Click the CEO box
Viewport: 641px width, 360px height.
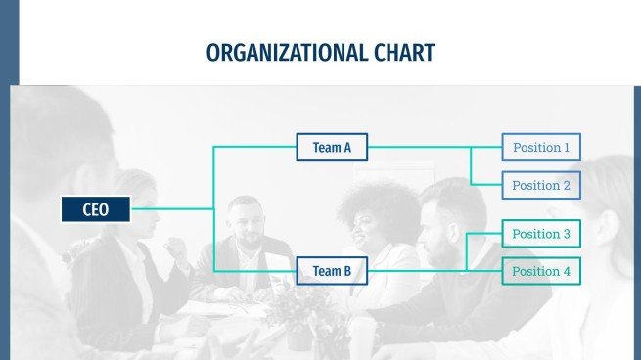[96, 209]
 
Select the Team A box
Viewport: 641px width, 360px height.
[332, 147]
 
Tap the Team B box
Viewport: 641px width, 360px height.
[332, 271]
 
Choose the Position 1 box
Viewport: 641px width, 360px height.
[541, 147]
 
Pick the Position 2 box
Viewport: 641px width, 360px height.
[541, 185]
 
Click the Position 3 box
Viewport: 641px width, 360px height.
[541, 234]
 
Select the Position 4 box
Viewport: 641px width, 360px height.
[541, 271]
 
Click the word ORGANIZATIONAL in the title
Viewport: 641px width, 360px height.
[287, 53]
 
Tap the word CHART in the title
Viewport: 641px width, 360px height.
[404, 53]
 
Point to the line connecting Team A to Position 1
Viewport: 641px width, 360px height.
[435, 147]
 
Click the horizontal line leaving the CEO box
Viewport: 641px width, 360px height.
[172, 208]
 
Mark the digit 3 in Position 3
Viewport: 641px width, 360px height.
[567, 234]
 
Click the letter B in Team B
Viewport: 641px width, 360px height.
[347, 271]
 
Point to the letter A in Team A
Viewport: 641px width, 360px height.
[347, 147]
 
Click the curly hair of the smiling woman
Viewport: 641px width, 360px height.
[378, 204]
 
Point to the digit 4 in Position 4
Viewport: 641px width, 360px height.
[567, 271]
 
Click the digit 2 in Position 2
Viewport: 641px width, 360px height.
[567, 186]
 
